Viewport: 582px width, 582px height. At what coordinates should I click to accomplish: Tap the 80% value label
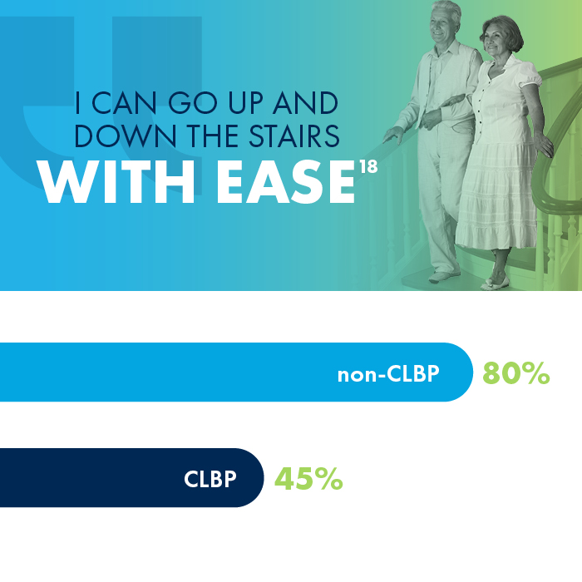515,373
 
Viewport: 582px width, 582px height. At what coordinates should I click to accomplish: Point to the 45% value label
308,479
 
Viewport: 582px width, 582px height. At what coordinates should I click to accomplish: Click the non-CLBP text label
387,374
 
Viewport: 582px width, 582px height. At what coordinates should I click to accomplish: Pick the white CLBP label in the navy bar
210,479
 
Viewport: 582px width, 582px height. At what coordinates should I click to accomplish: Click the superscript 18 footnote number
369,166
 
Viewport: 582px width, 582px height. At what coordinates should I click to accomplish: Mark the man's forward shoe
443,276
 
